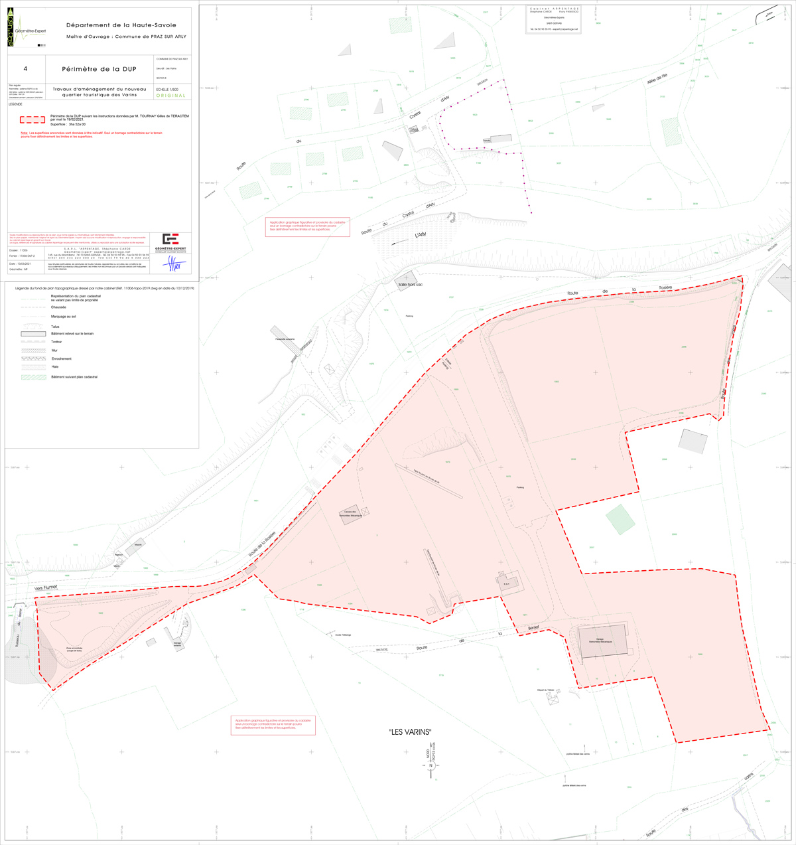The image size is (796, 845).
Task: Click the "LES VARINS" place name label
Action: tap(410, 732)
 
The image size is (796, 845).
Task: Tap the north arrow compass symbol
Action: tap(431, 765)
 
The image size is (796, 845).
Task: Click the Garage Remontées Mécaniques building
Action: tap(603, 641)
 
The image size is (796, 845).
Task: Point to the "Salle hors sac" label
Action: tap(410, 284)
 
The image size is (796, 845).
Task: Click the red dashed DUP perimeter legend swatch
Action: tap(33, 120)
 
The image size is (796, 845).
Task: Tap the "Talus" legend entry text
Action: tap(55, 327)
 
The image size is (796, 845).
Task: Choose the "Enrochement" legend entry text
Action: tap(62, 358)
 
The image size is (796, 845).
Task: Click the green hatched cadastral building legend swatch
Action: tap(33, 377)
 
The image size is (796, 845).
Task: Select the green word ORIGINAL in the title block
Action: tap(170, 96)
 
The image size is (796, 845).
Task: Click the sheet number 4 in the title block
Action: tap(25, 68)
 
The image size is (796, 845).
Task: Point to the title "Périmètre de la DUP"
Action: tap(98, 69)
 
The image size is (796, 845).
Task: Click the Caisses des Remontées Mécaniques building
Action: tap(352, 516)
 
